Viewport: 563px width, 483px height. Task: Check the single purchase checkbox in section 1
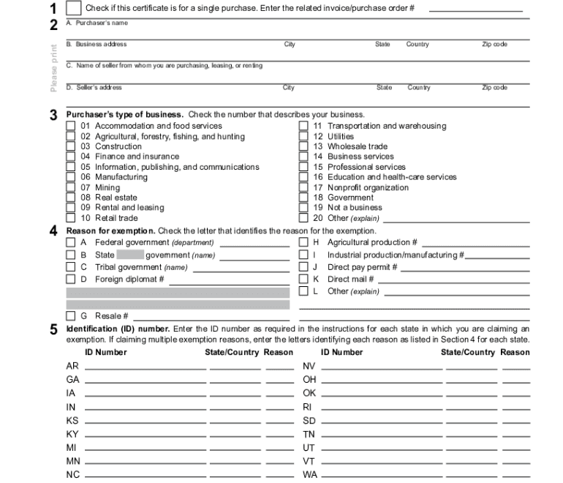[x=74, y=8]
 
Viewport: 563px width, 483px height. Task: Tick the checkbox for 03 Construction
[x=71, y=146]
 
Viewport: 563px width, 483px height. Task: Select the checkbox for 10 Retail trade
[x=71, y=218]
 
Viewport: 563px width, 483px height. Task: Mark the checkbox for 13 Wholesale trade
[x=303, y=146]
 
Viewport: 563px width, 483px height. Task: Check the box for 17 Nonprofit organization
[x=303, y=187]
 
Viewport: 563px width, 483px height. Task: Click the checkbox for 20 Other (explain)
[x=303, y=218]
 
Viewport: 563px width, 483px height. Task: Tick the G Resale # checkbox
[x=71, y=316]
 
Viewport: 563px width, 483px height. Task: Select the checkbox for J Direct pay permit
[x=303, y=267]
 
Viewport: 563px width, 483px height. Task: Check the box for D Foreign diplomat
[x=71, y=280]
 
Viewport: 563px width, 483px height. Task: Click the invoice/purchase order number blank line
[x=475, y=10]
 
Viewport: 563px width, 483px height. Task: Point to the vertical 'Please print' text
[x=53, y=69]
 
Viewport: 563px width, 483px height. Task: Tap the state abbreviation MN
[x=72, y=461]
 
